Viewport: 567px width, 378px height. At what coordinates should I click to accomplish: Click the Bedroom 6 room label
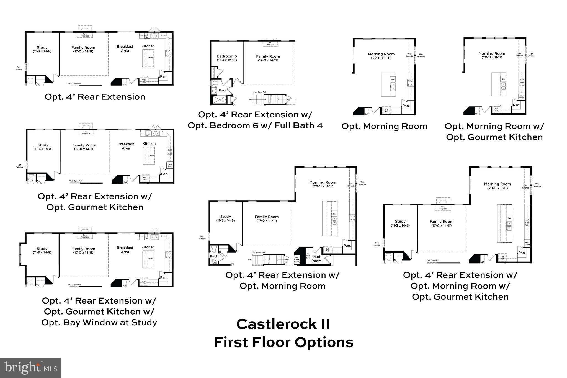pyautogui.click(x=227, y=56)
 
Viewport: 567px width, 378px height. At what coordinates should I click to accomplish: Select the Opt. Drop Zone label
pyautogui.click(x=308, y=256)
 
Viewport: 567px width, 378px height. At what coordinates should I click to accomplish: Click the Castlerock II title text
pyautogui.click(x=283, y=324)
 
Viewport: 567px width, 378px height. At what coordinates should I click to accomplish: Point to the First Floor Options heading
pyautogui.click(x=283, y=342)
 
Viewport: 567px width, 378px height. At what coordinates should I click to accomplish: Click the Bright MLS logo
pyautogui.click(x=31, y=367)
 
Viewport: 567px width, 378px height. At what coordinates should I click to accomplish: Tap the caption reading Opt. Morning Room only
pyautogui.click(x=384, y=126)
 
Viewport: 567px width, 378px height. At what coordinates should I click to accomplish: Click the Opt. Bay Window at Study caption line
pyautogui.click(x=99, y=322)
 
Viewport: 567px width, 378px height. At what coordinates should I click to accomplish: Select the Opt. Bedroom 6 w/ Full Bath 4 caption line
pyautogui.click(x=255, y=125)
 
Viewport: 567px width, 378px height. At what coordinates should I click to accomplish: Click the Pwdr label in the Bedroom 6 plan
pyautogui.click(x=223, y=90)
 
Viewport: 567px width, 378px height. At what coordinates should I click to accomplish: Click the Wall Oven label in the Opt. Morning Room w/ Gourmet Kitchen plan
pyautogui.click(x=522, y=97)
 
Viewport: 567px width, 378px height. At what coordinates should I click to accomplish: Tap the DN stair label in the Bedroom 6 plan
pyautogui.click(x=288, y=99)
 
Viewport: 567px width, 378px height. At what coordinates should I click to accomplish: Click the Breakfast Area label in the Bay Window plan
pyautogui.click(x=125, y=250)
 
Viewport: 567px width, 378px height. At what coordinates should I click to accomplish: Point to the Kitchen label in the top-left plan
pyautogui.click(x=148, y=46)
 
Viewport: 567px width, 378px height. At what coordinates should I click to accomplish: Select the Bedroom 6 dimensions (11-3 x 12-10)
pyautogui.click(x=227, y=60)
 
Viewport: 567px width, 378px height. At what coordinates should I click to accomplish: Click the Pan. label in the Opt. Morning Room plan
pyautogui.click(x=406, y=106)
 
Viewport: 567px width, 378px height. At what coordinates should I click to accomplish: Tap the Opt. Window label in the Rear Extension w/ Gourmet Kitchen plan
pyautogui.click(x=20, y=166)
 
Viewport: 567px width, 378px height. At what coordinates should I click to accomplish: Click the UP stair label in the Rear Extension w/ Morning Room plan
pyautogui.click(x=249, y=260)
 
